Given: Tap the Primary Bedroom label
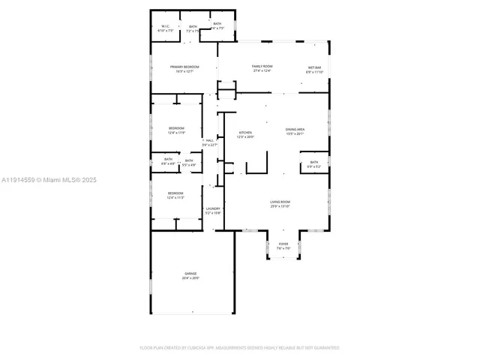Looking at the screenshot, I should [x=184, y=67].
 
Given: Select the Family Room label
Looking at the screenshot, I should [x=262, y=67].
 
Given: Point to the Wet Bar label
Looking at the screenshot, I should [x=314, y=67].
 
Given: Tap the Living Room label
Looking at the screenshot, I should [x=280, y=202].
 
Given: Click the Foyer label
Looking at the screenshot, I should [x=283, y=244].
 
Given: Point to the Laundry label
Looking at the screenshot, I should [x=213, y=209].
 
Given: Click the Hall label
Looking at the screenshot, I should [x=210, y=140].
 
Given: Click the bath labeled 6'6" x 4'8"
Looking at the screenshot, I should [x=168, y=160].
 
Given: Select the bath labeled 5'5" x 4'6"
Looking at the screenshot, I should [x=189, y=161].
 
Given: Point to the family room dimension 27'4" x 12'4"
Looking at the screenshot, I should [x=262, y=71].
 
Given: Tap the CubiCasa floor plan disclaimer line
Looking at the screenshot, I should [x=240, y=347].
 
